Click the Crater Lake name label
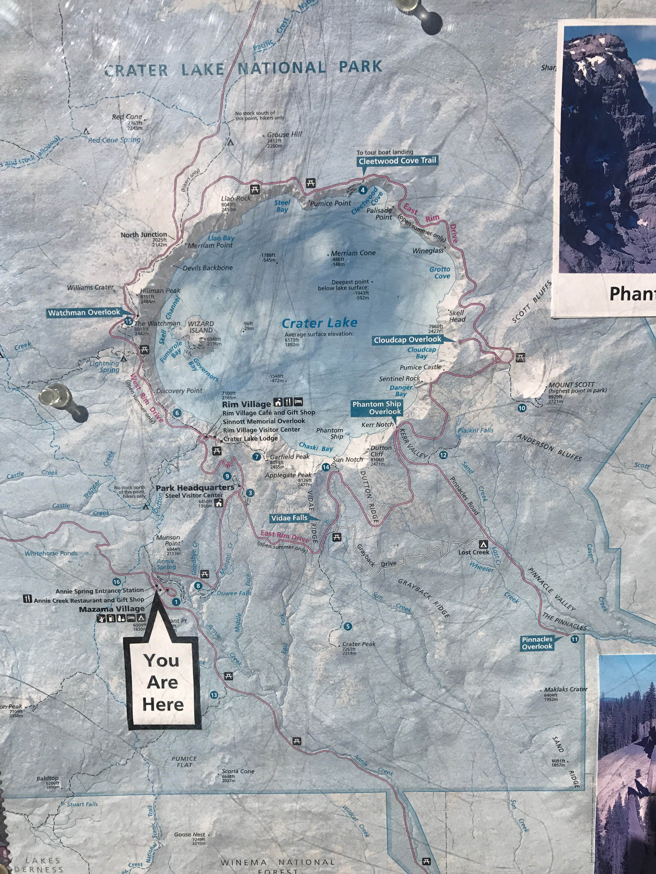tap(320, 323)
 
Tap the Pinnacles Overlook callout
tap(537, 643)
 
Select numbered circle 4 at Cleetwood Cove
tap(362, 190)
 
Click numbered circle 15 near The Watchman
tap(128, 321)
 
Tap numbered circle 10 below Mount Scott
tap(522, 408)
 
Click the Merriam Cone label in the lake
tap(353, 253)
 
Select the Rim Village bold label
tap(246, 404)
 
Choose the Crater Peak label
tap(359, 644)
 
